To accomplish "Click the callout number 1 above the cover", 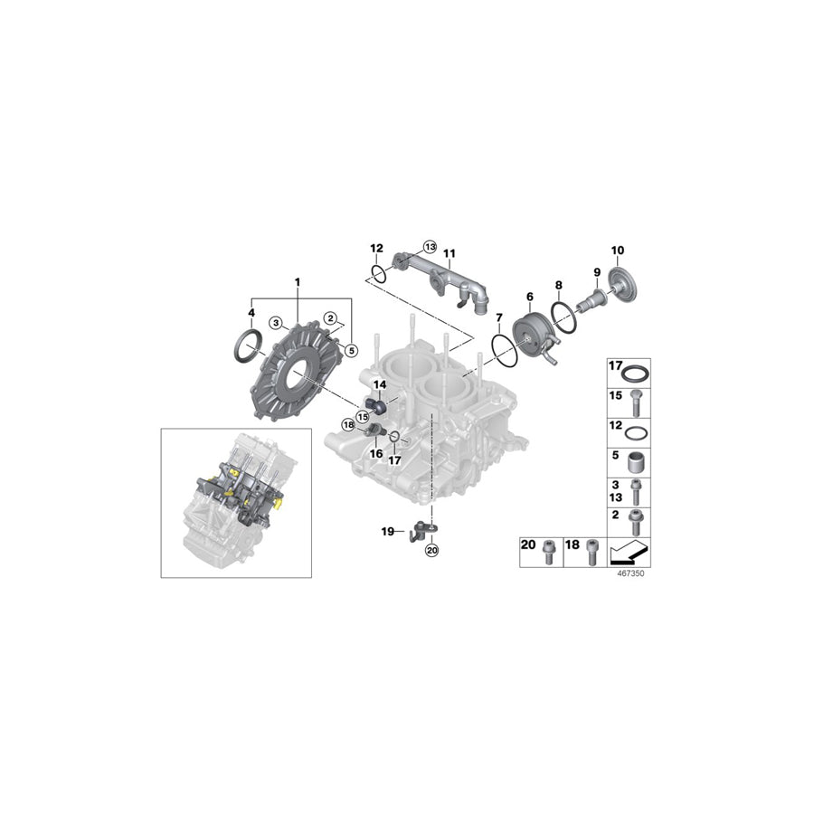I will point(297,283).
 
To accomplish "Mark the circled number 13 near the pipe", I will point(429,247).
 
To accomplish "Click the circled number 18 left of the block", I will point(347,424).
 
